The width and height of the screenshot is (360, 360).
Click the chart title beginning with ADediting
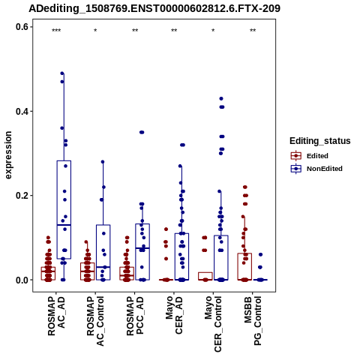coord(154,8)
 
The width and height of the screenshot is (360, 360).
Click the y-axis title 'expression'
coord(8,155)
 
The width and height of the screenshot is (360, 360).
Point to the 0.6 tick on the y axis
coord(22,27)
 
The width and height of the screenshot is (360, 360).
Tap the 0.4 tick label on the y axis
coord(22,111)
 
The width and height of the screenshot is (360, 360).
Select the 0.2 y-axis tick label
coord(22,196)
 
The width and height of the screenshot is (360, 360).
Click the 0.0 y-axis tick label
coord(22,280)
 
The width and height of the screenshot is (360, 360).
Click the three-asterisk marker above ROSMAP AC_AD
coord(56,31)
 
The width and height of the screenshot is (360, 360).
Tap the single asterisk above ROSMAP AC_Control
coord(95,31)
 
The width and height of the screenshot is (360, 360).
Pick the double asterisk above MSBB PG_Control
coord(253,31)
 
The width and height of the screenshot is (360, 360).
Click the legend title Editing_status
coord(320,141)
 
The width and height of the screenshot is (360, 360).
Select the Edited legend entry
coord(310,156)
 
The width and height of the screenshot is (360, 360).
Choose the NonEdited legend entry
coord(316,169)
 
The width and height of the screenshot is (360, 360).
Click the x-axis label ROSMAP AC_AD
coord(56,316)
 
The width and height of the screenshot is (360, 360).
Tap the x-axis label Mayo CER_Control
coord(213,324)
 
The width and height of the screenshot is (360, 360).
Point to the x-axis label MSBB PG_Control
coord(253,321)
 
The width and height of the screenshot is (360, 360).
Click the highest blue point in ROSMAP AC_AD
coord(62,73)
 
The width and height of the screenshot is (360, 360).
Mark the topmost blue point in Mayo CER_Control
coord(221,99)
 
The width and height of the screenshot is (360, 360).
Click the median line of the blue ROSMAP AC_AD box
coord(64,225)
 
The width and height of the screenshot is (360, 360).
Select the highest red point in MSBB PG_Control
coord(245,187)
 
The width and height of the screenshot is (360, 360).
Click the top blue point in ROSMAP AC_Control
coord(103,162)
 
